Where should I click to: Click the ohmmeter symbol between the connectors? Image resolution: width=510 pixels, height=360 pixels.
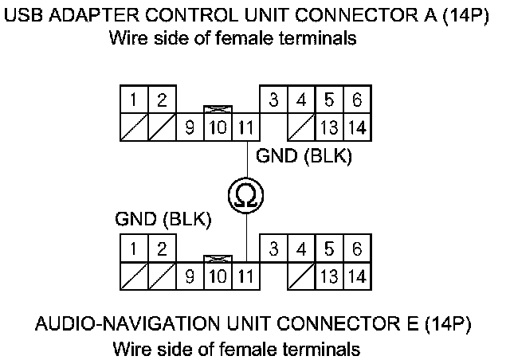pos(245,194)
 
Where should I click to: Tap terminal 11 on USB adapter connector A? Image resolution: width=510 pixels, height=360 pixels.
pos(246,127)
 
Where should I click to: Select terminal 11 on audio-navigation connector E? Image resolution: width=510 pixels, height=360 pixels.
pos(246,276)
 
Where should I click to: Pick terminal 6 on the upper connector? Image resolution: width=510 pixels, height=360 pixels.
pos(357,100)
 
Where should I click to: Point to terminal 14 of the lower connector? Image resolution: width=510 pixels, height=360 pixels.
pos(357,276)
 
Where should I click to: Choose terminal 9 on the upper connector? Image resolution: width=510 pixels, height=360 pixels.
pos(190,127)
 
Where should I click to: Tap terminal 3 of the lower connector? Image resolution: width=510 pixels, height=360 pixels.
pos(273,249)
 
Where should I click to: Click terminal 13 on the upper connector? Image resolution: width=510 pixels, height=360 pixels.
pos(329,127)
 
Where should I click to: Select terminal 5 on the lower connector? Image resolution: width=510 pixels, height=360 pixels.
pos(329,249)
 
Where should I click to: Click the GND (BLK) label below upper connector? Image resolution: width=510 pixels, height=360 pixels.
pos(304,157)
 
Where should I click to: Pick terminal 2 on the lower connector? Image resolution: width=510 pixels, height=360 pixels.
pos(162,249)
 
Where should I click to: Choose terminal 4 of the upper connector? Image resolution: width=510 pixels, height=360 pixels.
pos(301,100)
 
